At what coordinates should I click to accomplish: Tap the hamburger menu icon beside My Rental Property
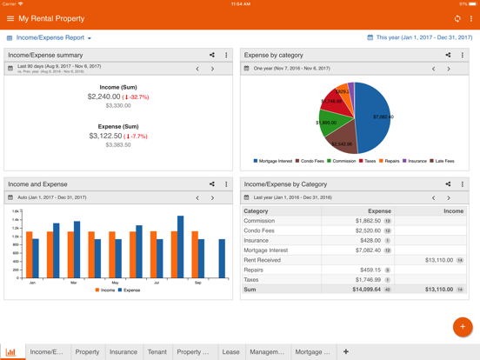pos(10,18)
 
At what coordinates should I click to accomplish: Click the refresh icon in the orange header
pos(457,18)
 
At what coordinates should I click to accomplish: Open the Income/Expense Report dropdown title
pos(53,38)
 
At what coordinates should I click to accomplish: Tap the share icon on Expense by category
pos(448,55)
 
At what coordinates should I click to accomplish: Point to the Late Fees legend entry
pos(443,161)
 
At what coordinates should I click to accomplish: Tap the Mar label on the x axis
pos(74,283)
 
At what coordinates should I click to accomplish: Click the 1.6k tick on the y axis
pos(16,211)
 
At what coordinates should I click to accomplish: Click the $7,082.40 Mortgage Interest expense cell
pos(362,250)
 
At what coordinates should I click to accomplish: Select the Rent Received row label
pos(262,260)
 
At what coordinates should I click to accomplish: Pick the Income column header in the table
pos(453,211)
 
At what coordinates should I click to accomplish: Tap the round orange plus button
pos(462,327)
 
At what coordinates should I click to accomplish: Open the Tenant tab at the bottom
pos(157,352)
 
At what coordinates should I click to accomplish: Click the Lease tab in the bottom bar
pos(230,352)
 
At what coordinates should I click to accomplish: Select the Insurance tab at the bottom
pos(123,352)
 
